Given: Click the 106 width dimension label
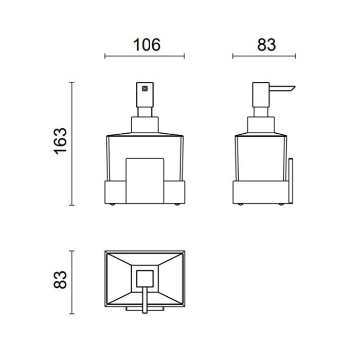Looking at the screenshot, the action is click(147, 45).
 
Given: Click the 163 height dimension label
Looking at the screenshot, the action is click(60, 141).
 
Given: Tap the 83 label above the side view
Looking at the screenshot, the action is click(266, 45).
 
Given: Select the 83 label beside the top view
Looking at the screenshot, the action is click(60, 280).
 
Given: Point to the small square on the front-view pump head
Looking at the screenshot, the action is click(145, 88).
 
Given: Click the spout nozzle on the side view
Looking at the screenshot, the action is click(282, 88).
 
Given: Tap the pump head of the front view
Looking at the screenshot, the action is click(145, 95).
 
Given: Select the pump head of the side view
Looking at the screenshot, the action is click(261, 95).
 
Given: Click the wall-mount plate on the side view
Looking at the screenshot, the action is click(291, 181).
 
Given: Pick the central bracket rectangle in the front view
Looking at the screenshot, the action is click(145, 181).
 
